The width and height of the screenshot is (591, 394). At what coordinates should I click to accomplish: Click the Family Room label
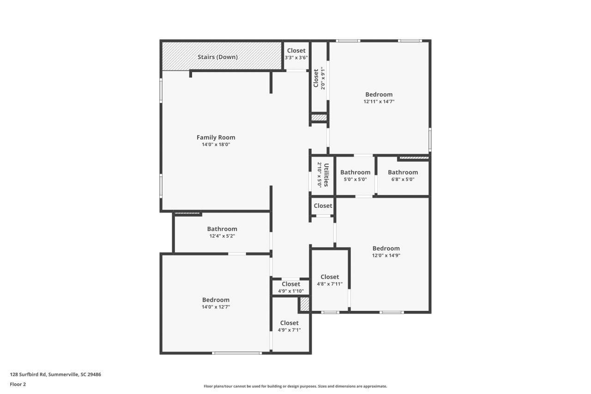216,137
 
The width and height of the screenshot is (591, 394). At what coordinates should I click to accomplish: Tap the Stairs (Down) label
217,57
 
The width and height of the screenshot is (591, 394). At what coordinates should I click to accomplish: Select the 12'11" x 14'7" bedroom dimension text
379,101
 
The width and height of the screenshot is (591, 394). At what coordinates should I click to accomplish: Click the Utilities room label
326,175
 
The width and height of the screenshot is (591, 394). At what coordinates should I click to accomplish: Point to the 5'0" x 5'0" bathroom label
355,172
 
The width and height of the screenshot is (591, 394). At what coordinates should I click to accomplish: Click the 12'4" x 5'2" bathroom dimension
222,236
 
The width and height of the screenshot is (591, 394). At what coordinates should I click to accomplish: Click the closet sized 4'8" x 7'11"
330,277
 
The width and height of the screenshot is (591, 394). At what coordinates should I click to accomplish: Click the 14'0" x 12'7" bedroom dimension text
216,307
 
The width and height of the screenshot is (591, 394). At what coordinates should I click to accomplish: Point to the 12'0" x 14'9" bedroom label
386,248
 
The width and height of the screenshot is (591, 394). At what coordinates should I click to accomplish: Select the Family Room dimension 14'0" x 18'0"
216,144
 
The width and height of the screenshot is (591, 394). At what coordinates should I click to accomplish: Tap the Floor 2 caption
18,384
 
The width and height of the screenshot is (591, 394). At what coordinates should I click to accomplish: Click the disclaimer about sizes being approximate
295,386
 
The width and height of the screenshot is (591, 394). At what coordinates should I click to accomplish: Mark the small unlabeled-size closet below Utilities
323,206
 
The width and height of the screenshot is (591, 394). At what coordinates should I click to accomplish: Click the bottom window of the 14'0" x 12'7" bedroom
237,353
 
